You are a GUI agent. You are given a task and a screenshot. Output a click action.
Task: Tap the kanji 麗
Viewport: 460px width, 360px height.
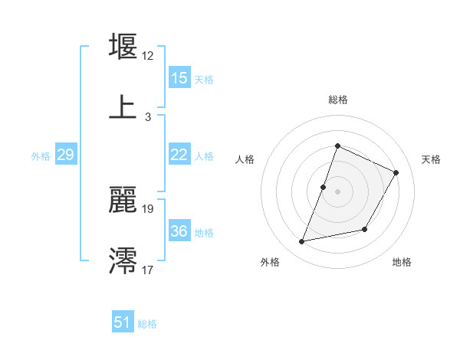coord(123,200)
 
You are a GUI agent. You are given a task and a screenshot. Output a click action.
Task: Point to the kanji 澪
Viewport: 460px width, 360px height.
coord(123,261)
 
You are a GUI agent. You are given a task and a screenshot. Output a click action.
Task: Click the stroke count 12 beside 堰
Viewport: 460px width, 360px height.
coord(148,56)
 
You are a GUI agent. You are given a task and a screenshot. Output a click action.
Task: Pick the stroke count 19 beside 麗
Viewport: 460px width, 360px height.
coord(148,208)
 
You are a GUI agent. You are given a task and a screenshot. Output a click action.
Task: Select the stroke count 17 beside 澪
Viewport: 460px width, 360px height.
coord(148,270)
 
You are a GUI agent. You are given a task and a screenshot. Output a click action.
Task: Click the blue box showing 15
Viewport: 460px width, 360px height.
coord(179,78)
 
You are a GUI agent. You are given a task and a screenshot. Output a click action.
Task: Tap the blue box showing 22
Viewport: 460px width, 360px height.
coord(179,155)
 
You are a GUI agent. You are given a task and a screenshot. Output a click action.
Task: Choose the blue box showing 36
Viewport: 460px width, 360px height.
coord(179,231)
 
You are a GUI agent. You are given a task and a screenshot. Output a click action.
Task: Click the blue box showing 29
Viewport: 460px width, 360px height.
coord(66,155)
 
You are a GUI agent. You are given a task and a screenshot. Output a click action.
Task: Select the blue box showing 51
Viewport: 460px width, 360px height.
coord(123,322)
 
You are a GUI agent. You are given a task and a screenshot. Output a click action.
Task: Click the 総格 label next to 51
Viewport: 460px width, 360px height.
coord(147,324)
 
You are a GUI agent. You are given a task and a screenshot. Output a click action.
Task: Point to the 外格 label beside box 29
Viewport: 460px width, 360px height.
coord(41,156)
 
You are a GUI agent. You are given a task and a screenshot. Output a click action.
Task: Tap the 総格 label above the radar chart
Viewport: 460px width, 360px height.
coord(338,100)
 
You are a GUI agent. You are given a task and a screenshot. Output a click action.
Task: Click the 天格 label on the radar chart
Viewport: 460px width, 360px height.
coord(431,159)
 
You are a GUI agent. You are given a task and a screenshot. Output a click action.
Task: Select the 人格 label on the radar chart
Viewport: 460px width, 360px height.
coord(245,159)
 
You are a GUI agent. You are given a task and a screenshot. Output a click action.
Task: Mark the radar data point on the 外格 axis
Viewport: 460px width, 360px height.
coord(302,242)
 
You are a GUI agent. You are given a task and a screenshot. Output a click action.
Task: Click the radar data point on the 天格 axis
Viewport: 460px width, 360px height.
coord(396,172)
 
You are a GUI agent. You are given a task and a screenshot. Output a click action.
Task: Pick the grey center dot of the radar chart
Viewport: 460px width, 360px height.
coord(338,191)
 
